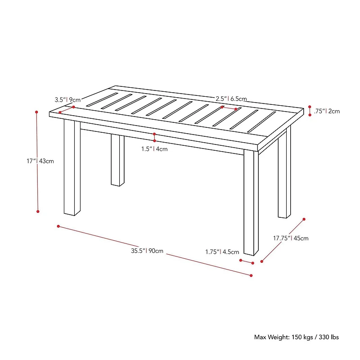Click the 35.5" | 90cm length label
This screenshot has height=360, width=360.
pos(147,251)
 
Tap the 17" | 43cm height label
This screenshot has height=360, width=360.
pos(40,161)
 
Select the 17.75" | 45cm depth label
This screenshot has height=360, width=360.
pos(291,238)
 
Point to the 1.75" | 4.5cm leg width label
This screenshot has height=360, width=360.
pos(222,252)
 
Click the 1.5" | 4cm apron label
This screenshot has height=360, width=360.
pos(154,149)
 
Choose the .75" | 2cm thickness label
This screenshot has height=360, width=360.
pos(327,111)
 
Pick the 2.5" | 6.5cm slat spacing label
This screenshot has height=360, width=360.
pos(231,99)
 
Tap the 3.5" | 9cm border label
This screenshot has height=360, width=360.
pos(68,99)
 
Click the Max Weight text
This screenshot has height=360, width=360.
pos(297,337)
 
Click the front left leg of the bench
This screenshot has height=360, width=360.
pos(72,167)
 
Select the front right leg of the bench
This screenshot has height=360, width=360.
pos(251,202)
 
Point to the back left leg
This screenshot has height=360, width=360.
pos(117,160)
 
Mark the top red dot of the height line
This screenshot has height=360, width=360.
pos(36,112)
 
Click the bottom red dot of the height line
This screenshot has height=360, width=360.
pos(38,211)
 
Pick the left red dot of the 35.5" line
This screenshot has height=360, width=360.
pos(58,226)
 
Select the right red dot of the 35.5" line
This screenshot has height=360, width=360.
pos(251,275)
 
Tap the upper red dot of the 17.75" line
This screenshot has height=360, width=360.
pos(304,219)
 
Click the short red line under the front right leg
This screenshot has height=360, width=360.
pos(247,262)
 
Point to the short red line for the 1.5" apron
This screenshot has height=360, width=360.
pos(154,137)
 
